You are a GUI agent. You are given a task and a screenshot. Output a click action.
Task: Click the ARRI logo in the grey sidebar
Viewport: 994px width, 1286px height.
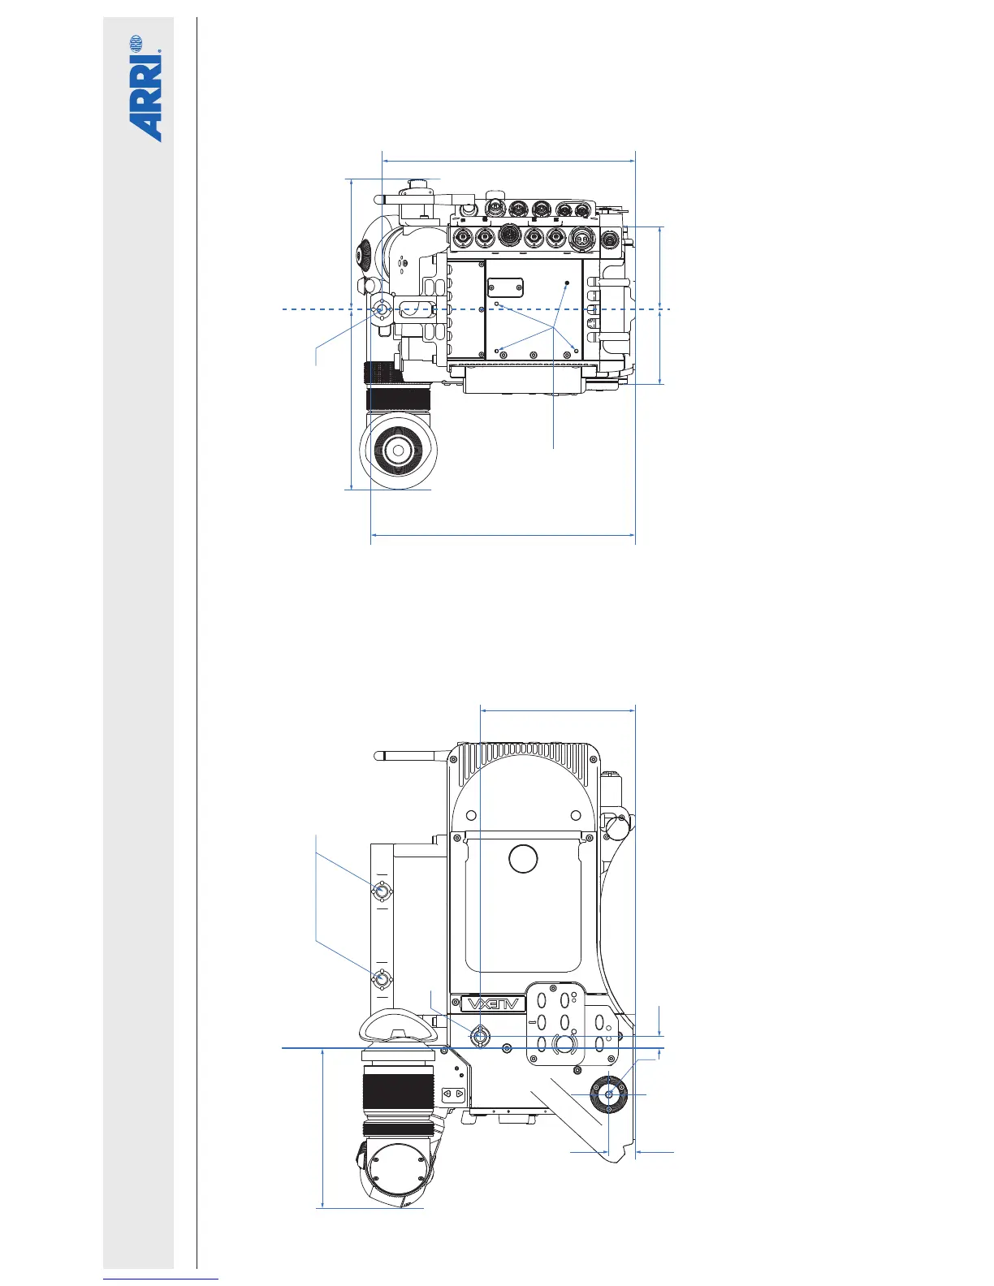click(146, 89)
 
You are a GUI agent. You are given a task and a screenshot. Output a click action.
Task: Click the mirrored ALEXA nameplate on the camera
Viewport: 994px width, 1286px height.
click(493, 1004)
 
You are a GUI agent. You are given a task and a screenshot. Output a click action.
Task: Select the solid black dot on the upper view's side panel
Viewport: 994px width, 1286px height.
click(567, 283)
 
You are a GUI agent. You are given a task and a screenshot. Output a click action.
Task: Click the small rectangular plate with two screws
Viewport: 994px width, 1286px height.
click(505, 287)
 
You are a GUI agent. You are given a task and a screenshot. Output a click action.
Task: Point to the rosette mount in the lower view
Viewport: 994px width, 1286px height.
click(609, 1094)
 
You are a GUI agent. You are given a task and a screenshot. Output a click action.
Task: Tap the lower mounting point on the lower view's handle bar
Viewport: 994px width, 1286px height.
click(382, 978)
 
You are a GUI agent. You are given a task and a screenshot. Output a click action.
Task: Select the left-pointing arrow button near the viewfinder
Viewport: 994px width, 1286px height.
click(447, 1094)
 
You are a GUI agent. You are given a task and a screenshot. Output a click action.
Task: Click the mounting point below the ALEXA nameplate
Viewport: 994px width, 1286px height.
click(480, 1036)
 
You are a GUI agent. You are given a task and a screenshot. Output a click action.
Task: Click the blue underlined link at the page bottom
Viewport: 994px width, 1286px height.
click(161, 1280)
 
